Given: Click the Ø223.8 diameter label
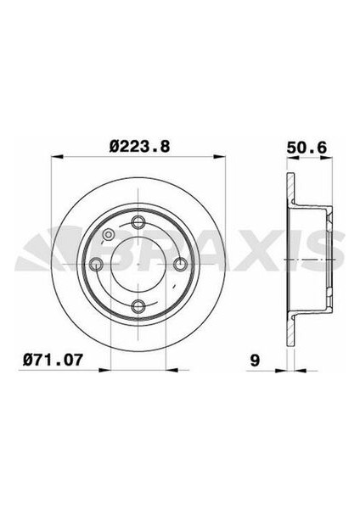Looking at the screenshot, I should tap(138, 145).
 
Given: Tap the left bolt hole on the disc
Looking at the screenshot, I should tap(97, 264).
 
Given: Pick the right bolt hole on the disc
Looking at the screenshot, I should tap(180, 264).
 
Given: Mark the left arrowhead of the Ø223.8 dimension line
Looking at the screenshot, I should tap(55, 157).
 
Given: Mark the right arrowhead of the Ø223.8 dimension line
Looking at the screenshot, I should tap(222, 157).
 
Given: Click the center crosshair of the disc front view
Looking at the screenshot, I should tap(138, 264).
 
